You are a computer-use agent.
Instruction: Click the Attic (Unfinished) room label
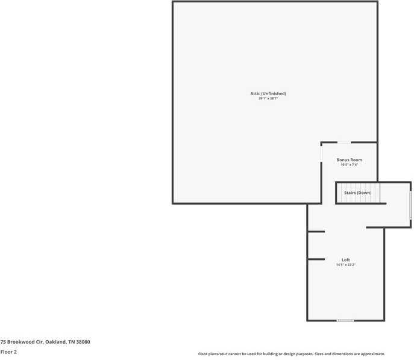pos(268,93)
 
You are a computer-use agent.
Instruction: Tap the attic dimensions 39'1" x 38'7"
pos(268,98)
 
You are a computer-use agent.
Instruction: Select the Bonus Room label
pos(350,160)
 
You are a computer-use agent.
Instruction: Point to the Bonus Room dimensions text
pos(350,164)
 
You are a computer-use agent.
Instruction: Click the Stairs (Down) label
pos(357,193)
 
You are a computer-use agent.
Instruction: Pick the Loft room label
pos(345,259)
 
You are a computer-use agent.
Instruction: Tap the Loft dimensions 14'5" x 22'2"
pos(345,264)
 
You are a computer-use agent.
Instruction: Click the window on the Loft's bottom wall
pos(345,320)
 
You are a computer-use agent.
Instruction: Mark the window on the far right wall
pos(411,205)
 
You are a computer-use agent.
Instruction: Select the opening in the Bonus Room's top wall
pos(343,143)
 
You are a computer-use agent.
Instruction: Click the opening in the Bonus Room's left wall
pos(321,153)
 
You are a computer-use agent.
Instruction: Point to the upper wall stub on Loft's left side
pos(316,231)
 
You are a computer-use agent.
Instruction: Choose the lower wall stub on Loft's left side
pos(316,259)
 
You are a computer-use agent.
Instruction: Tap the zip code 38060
pos(83,342)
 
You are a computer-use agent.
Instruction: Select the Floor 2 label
pos(8,352)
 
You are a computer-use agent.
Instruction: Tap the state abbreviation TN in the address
pos(71,342)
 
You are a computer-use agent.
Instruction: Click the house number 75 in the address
pos(3,342)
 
